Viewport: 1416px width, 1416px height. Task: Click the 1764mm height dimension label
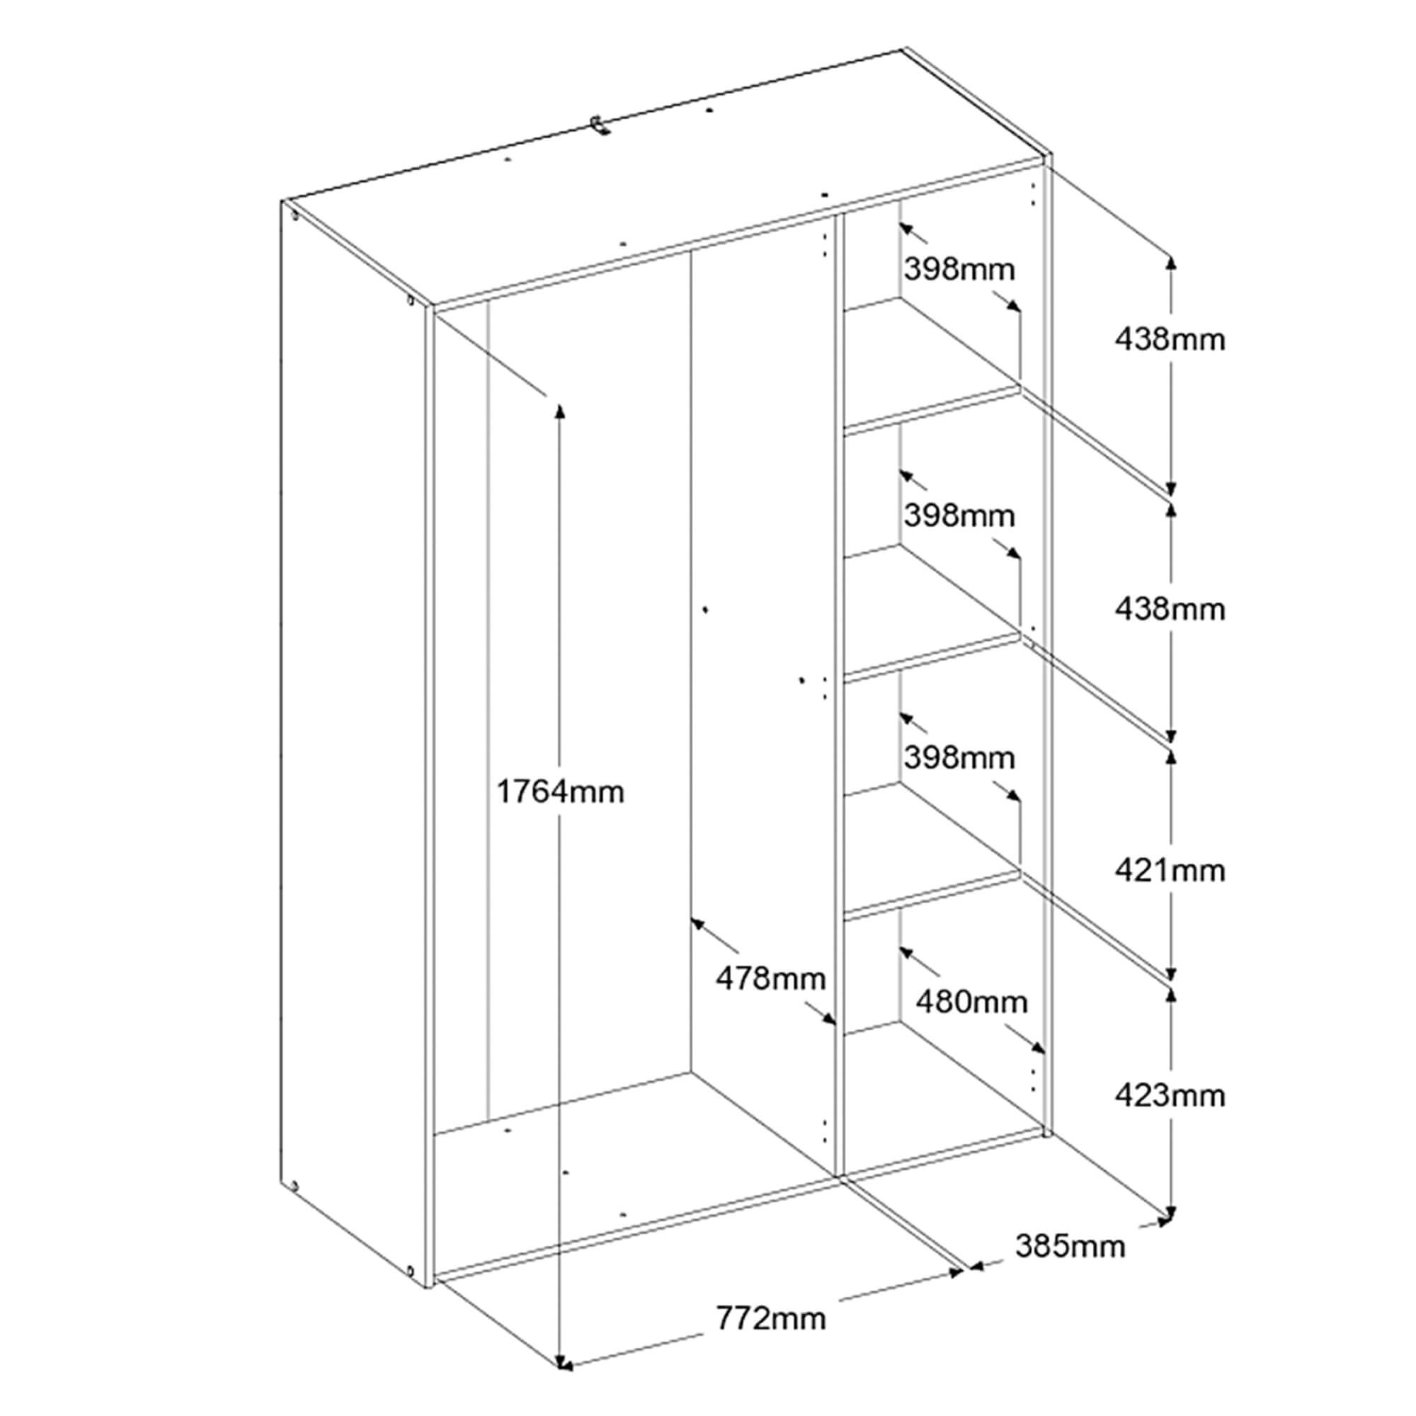560,792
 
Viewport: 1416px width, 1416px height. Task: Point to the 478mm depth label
770,978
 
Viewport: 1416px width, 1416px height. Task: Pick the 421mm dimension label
1170,871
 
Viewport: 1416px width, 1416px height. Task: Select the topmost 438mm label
1170,339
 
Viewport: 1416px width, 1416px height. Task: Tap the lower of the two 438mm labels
1170,609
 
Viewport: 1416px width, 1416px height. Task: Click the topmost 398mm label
959,270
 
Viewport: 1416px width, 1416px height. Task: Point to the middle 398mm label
959,516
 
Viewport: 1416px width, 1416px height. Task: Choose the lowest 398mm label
959,758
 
